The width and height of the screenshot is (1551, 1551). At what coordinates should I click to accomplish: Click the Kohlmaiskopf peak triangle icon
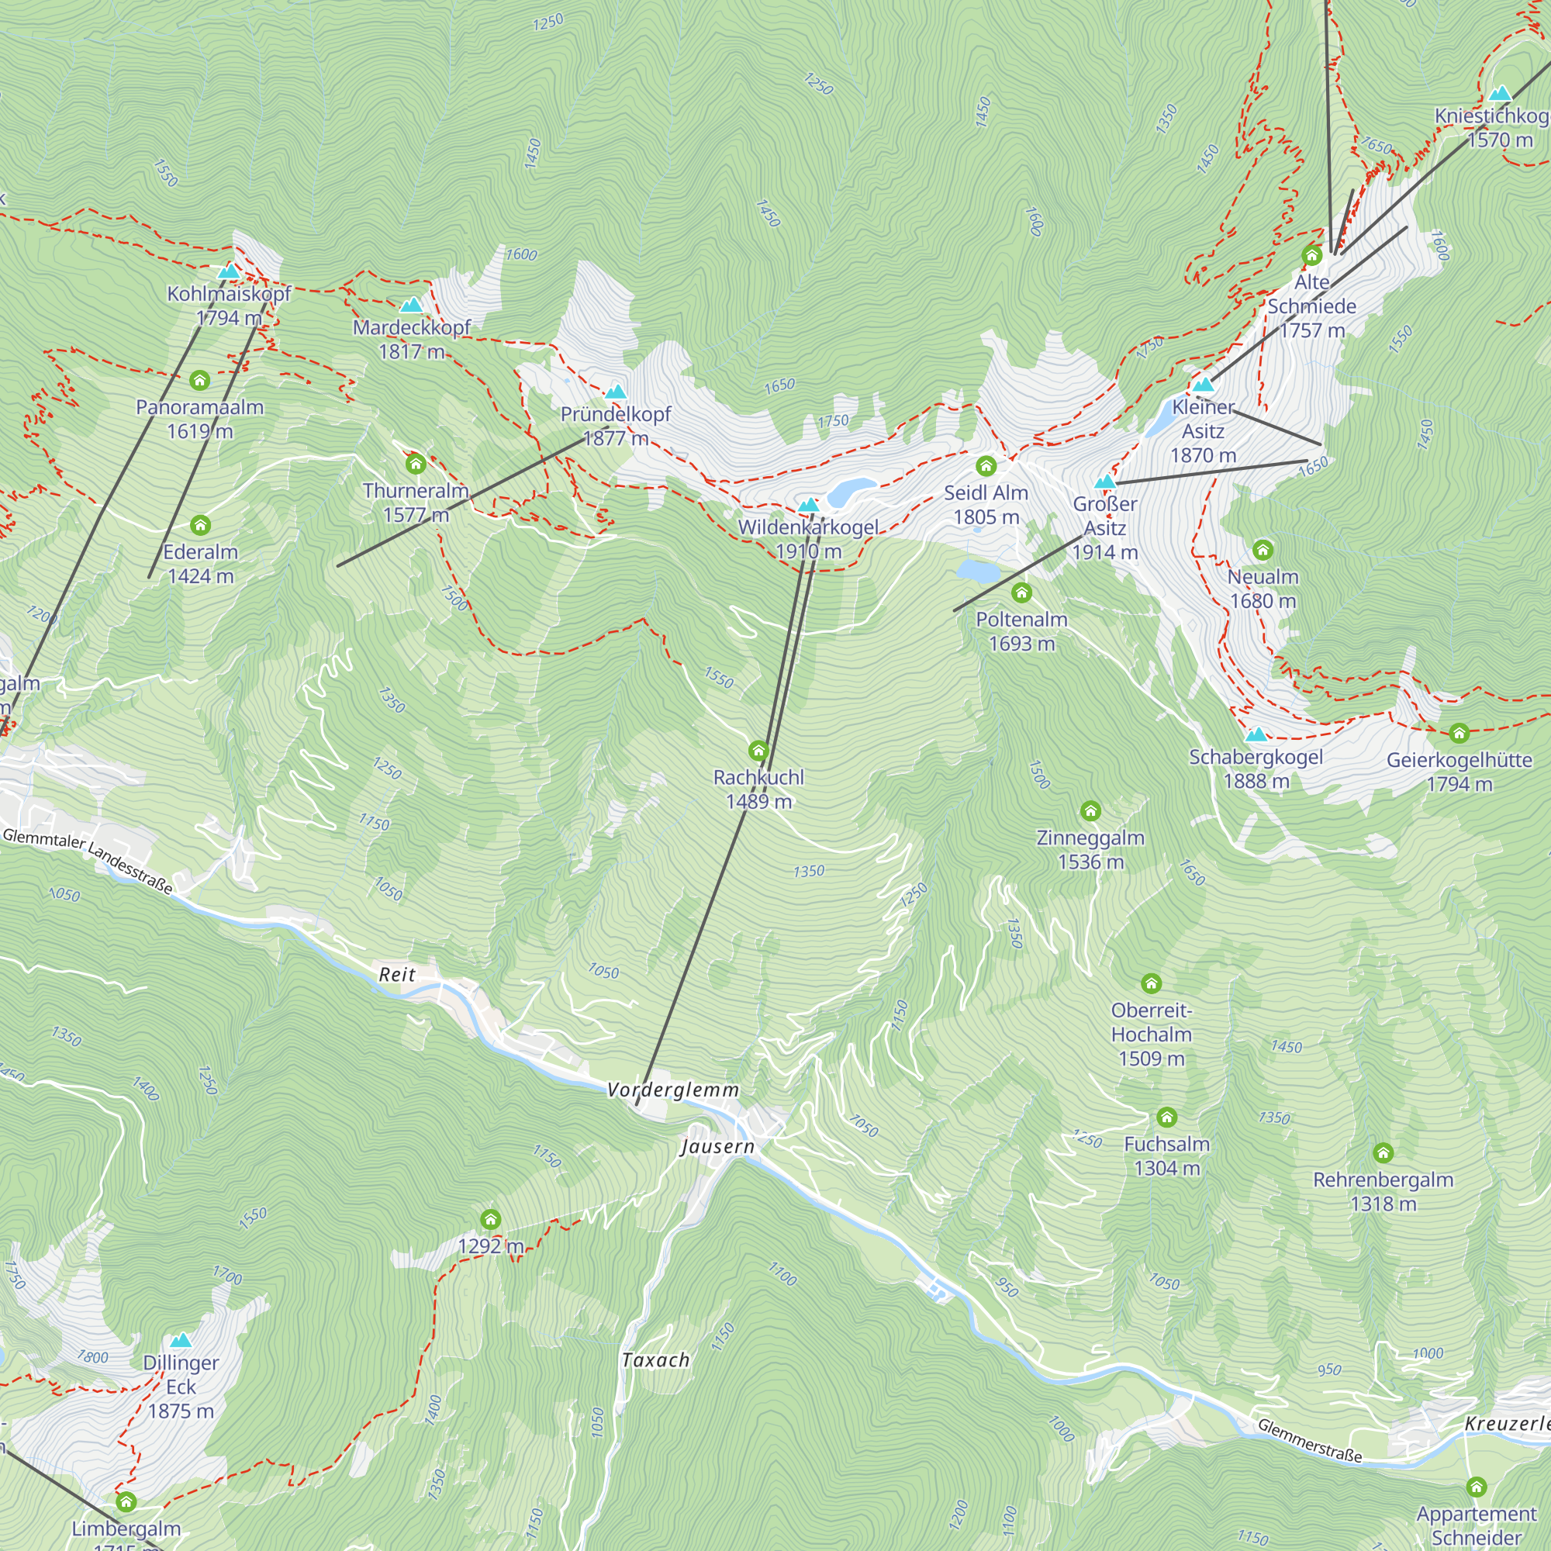pyautogui.click(x=229, y=272)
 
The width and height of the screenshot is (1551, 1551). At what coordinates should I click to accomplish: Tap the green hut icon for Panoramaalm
pyautogui.click(x=200, y=380)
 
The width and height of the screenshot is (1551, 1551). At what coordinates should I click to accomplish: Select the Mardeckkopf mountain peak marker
pyautogui.click(x=411, y=305)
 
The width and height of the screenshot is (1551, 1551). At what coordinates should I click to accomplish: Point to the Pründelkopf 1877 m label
pyautogui.click(x=616, y=427)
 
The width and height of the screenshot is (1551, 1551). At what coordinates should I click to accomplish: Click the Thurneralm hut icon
pyautogui.click(x=415, y=463)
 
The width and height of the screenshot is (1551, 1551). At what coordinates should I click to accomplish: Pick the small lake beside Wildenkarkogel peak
pyautogui.click(x=851, y=491)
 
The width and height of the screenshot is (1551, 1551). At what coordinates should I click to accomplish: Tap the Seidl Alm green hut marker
pyautogui.click(x=986, y=465)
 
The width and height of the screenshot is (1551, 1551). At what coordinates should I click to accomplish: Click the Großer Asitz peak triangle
pyautogui.click(x=1105, y=482)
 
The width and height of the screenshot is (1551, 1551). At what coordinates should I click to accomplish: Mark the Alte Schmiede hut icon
pyautogui.click(x=1312, y=255)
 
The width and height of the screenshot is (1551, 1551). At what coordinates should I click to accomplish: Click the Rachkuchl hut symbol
pyautogui.click(x=758, y=751)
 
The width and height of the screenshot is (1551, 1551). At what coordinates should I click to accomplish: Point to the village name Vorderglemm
pyautogui.click(x=672, y=1090)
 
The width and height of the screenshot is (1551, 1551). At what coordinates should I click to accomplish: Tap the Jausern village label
pyautogui.click(x=717, y=1146)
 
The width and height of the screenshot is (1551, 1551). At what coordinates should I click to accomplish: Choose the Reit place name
pyautogui.click(x=396, y=975)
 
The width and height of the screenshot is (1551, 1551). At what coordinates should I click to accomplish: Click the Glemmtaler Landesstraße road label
pyautogui.click(x=88, y=862)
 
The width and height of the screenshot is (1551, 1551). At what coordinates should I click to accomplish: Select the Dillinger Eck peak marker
pyautogui.click(x=181, y=1340)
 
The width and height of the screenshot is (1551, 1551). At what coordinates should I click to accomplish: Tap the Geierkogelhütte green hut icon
pyautogui.click(x=1459, y=733)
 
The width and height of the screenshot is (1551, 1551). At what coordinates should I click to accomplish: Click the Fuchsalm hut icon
pyautogui.click(x=1166, y=1117)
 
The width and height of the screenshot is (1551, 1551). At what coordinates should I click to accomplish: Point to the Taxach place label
pyautogui.click(x=656, y=1360)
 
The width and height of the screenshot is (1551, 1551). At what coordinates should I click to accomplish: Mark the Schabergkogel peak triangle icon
pyautogui.click(x=1256, y=734)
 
